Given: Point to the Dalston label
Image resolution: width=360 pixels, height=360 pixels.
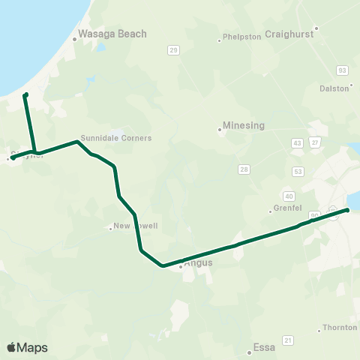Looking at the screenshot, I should (x=335, y=88).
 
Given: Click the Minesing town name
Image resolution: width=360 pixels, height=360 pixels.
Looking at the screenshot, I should (x=244, y=126).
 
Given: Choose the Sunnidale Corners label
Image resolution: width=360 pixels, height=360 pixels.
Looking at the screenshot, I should (x=116, y=138).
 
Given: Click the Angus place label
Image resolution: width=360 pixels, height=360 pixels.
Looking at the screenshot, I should (x=198, y=263).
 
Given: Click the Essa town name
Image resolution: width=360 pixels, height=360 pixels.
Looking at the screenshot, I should (x=265, y=347).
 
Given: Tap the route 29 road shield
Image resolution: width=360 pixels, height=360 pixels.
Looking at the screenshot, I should (x=174, y=50).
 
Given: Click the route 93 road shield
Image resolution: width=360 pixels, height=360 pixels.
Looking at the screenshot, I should (x=343, y=70).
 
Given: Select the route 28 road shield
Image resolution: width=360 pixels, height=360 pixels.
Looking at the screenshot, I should (x=244, y=169).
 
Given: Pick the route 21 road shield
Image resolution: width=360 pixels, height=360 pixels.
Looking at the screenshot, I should (x=287, y=340).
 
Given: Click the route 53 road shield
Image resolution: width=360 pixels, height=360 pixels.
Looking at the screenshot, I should (x=298, y=172).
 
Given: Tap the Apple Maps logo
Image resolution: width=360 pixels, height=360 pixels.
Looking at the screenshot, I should (x=27, y=347).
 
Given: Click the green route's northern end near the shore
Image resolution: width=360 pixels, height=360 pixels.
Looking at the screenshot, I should (x=25, y=94).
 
